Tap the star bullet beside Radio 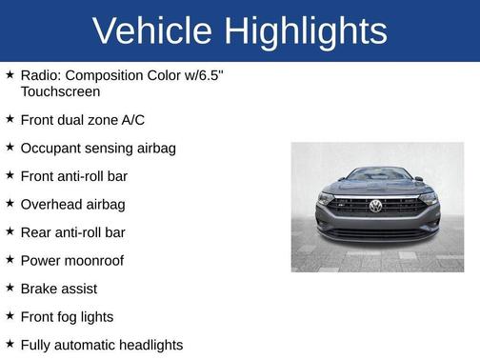tap(10, 73)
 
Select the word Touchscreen tap(60, 92)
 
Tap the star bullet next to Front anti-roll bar tap(10, 176)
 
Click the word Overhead tap(51, 204)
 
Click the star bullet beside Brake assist tap(10, 288)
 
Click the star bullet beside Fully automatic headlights tap(10, 344)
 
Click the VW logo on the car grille tap(375, 205)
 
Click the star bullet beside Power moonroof tap(10, 260)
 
